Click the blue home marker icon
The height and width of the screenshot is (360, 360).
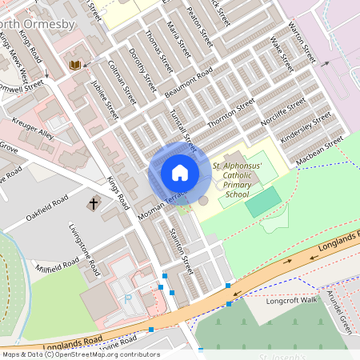pos(179,172)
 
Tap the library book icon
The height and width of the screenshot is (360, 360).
pos(75,64)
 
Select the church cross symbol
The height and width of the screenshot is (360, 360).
pos(93,204)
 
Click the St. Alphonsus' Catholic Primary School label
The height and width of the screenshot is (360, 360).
pos(237,180)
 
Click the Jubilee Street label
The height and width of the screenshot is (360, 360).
pos(104,98)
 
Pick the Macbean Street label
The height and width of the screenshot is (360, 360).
pos(319,148)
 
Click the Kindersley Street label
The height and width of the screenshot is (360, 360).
pos(306,128)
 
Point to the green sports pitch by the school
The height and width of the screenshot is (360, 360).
pos(263,202)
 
